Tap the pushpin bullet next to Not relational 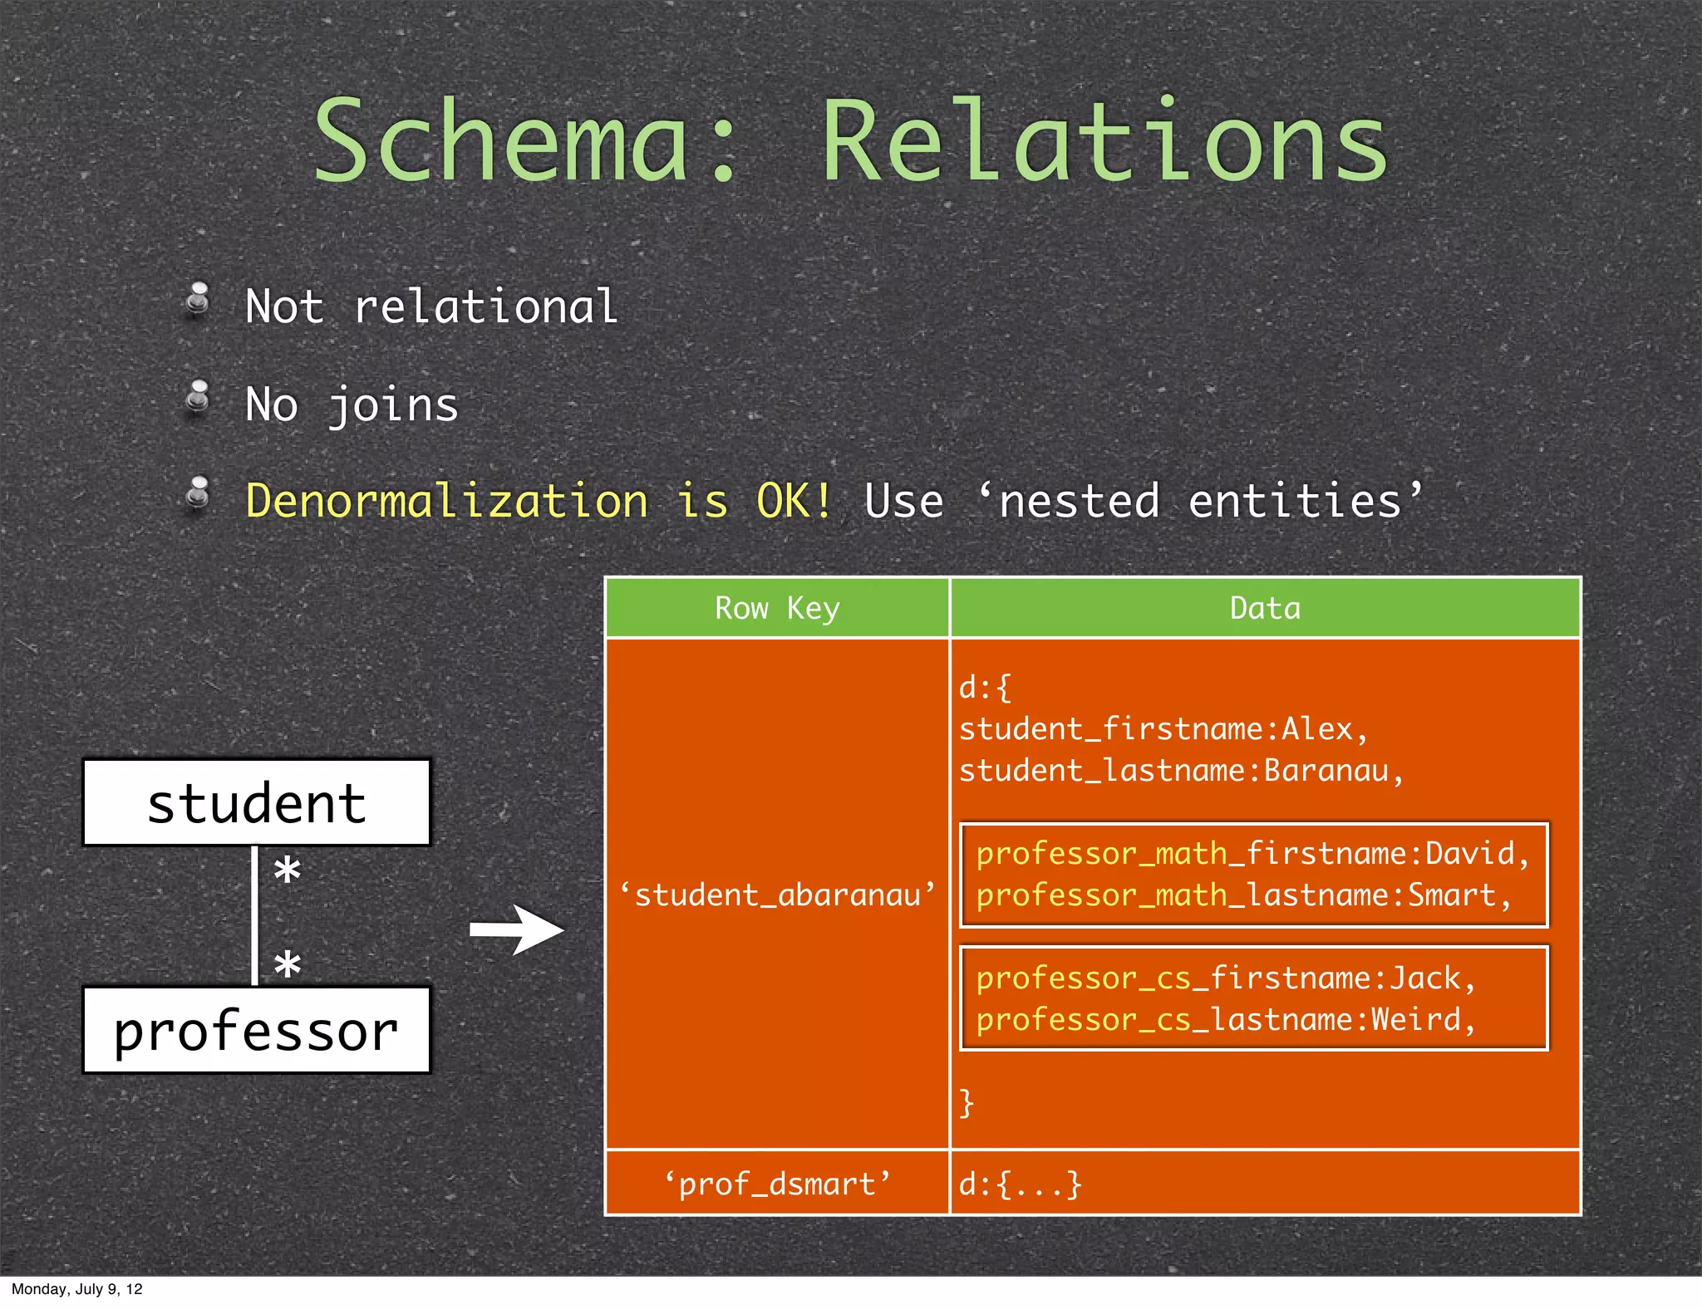point(198,300)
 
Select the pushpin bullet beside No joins point(198,397)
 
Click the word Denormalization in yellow point(446,501)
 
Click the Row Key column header point(777,608)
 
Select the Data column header point(1264,608)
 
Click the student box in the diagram point(257,803)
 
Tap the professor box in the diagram point(257,1030)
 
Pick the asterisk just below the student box point(287,871)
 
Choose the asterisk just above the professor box point(287,963)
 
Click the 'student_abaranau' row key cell point(777,895)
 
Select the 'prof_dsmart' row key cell point(777,1184)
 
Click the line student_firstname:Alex point(1162,729)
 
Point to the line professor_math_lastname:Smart point(1242,895)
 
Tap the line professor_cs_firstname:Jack point(1225,978)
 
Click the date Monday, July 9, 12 point(76,1289)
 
